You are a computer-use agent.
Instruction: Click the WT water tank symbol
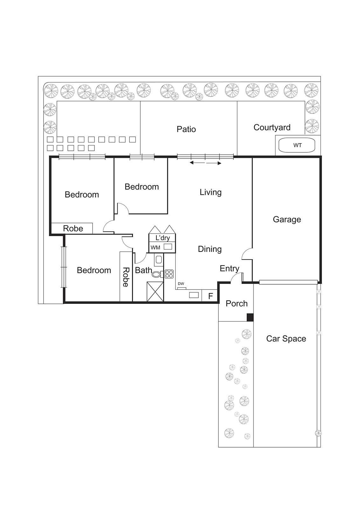coord(297,145)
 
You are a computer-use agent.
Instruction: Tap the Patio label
coord(186,129)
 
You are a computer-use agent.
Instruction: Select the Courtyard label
coord(272,127)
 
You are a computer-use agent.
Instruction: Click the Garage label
coord(287,219)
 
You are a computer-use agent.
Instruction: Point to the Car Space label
coord(286,338)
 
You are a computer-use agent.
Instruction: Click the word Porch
coord(236,303)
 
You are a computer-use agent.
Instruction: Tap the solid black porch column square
coord(250,317)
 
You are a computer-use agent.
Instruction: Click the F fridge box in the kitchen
coord(210,296)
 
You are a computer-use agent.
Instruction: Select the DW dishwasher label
coord(181,283)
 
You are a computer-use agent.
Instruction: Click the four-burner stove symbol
coord(169,274)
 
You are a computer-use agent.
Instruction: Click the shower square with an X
coord(155,291)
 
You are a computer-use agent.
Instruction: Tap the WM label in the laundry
coord(155,248)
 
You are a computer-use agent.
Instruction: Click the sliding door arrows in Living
coord(205,163)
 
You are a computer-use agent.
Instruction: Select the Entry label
coord(229,268)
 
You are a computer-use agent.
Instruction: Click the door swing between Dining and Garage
coord(246,254)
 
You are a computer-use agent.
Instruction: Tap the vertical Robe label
coord(126,277)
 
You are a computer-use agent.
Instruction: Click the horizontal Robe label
coord(73,228)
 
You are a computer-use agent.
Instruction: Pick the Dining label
coord(210,249)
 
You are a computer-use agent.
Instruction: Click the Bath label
coord(143,270)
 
